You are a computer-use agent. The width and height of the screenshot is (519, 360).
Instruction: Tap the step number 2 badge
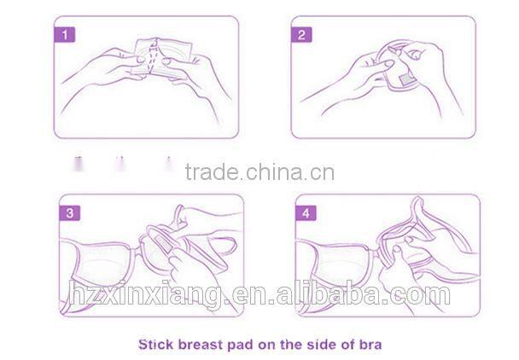click(x=304, y=35)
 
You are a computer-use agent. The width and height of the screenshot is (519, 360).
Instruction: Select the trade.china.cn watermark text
click(x=259, y=173)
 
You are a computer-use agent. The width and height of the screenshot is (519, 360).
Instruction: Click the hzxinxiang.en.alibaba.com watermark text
click(x=259, y=294)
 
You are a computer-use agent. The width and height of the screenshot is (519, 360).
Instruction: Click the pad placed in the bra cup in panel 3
click(x=158, y=247)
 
